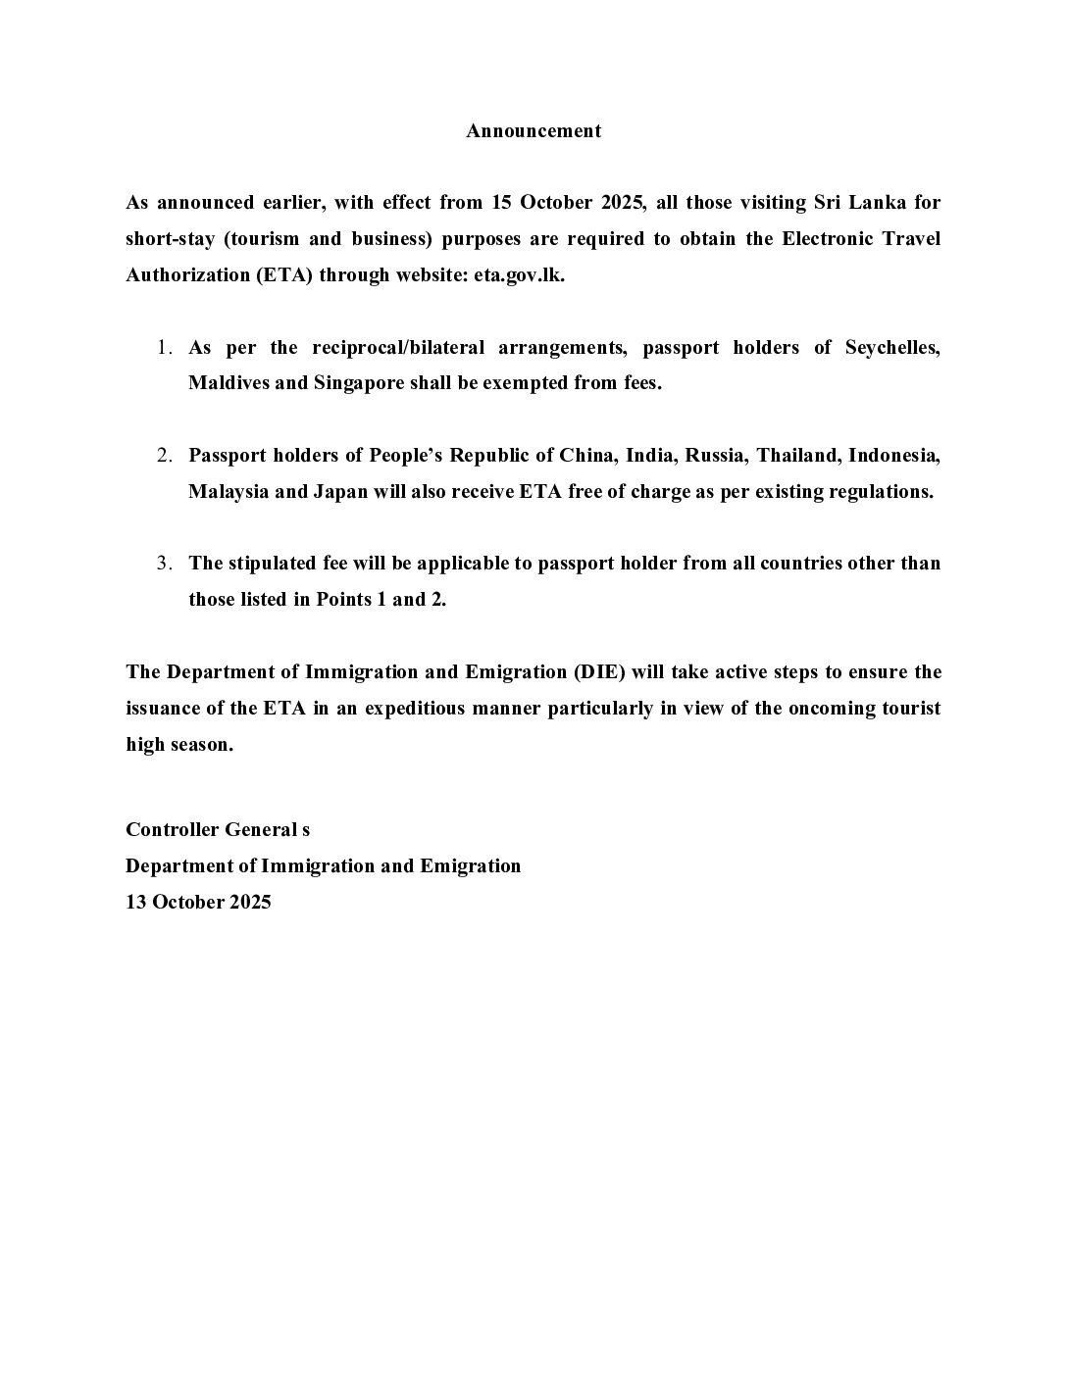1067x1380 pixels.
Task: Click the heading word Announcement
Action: [533, 131]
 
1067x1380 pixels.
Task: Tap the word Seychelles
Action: [892, 348]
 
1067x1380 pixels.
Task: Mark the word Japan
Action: [340, 492]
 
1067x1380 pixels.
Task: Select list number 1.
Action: [165, 348]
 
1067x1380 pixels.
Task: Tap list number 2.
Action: [165, 456]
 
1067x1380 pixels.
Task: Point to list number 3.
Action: [165, 564]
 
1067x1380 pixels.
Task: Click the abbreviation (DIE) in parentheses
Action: [599, 672]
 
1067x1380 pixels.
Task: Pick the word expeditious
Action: [415, 709]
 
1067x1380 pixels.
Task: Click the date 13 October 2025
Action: [198, 903]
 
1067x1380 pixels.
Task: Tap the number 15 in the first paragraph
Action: [502, 203]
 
